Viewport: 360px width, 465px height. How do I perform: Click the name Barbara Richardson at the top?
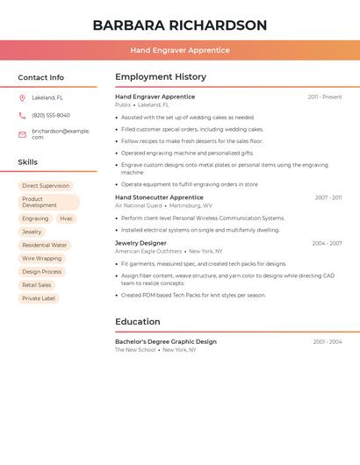(x=179, y=25)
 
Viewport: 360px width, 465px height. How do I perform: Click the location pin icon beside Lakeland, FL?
(x=22, y=98)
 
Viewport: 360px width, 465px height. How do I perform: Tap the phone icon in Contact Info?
(x=22, y=116)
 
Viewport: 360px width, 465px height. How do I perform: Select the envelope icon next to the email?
(x=22, y=134)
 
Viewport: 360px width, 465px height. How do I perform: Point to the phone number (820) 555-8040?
(x=51, y=116)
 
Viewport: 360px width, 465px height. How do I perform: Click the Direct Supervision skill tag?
(x=46, y=186)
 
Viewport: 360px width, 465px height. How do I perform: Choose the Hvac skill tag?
(x=67, y=218)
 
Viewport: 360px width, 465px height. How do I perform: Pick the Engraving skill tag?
(x=35, y=218)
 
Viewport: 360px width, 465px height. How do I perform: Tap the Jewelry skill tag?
(x=32, y=232)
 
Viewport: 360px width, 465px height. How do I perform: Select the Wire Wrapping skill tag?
(x=42, y=259)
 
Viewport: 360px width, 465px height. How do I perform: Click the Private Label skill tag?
(x=39, y=298)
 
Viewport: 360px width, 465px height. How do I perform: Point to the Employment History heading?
(x=161, y=77)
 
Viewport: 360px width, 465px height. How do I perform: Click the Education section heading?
(x=138, y=322)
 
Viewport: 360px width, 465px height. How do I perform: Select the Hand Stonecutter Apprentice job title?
(x=159, y=198)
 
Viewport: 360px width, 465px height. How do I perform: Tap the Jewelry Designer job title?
(x=140, y=243)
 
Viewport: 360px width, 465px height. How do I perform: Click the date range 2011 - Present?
(x=325, y=97)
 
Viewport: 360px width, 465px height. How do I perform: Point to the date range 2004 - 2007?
(x=327, y=243)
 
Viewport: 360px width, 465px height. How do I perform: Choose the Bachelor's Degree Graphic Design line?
(x=166, y=341)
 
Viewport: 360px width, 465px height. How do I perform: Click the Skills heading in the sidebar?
(x=28, y=162)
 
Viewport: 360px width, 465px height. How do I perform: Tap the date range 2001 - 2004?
(x=328, y=341)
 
